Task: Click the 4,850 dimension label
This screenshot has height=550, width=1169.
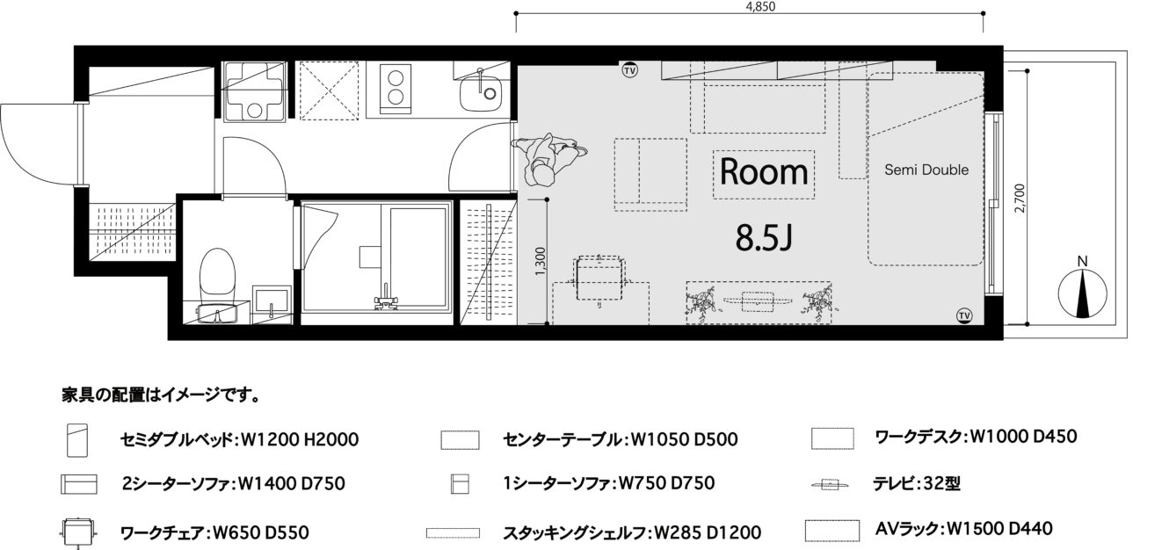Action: tap(760, 6)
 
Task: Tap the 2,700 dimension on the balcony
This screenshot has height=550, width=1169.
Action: tap(1020, 198)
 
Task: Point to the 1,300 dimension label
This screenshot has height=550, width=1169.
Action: tap(540, 262)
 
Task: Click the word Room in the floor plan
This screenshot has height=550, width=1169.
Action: tap(764, 171)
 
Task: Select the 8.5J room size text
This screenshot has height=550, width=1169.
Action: tap(764, 237)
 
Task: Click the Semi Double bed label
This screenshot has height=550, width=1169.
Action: tap(926, 170)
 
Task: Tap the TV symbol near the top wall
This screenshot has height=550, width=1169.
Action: tap(630, 70)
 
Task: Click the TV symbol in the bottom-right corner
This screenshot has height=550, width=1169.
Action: tap(964, 315)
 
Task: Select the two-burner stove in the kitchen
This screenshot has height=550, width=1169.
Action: tap(395, 89)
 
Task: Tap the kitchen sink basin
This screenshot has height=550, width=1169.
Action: tap(480, 92)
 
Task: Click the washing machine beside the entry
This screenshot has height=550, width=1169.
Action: tap(255, 91)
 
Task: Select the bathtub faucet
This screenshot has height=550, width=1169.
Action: tap(386, 300)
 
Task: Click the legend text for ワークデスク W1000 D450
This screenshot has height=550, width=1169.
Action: tap(976, 437)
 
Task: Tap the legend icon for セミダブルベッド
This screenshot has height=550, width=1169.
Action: tap(77, 440)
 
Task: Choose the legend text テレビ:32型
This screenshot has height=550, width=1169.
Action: tap(917, 484)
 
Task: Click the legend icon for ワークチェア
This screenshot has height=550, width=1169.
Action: tap(77, 532)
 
